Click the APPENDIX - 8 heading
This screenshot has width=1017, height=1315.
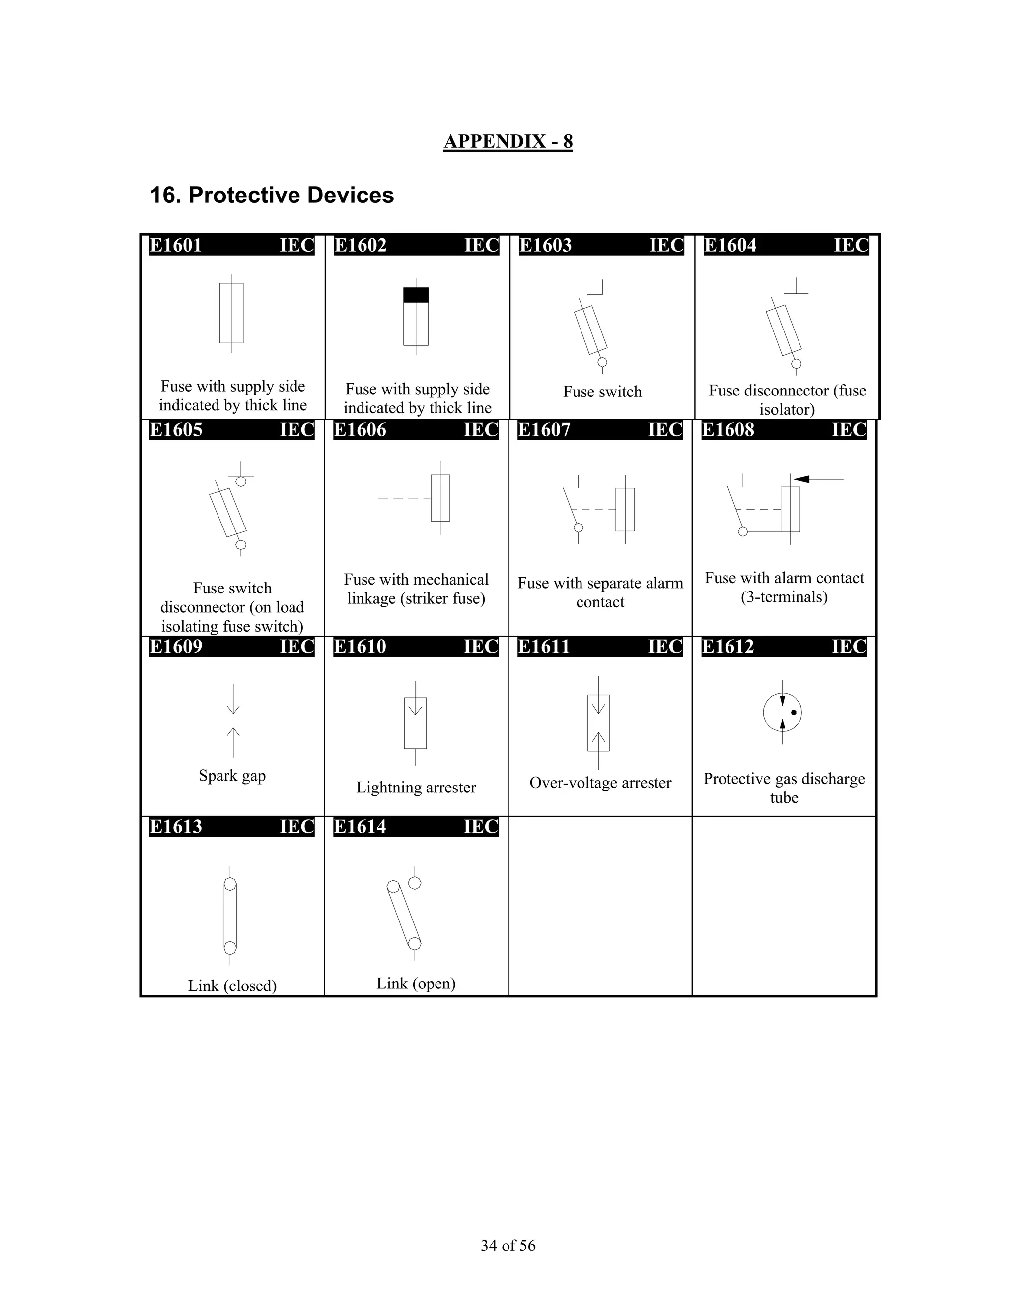(x=508, y=141)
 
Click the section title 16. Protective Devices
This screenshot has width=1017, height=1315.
(x=272, y=195)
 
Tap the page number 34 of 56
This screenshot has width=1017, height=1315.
(x=508, y=1246)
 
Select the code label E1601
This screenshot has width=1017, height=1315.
(x=176, y=246)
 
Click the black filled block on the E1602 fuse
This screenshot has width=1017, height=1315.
(x=416, y=295)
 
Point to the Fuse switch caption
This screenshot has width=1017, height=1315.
(x=602, y=392)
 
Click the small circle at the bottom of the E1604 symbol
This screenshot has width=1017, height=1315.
(x=796, y=364)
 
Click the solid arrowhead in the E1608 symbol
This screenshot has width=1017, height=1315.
(x=802, y=479)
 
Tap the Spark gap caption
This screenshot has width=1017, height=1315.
(x=232, y=776)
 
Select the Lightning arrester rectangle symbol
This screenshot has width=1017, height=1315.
(x=415, y=723)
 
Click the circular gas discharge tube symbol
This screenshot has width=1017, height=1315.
(x=782, y=712)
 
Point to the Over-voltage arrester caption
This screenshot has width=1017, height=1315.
(x=600, y=783)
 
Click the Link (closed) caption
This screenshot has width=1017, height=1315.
(x=232, y=986)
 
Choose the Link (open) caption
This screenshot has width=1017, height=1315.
(x=416, y=983)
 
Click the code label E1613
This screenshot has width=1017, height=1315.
(x=176, y=827)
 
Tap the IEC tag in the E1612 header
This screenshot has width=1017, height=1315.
(x=848, y=647)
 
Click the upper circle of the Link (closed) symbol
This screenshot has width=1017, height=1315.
(x=230, y=884)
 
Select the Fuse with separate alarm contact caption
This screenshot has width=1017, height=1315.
(x=600, y=592)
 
